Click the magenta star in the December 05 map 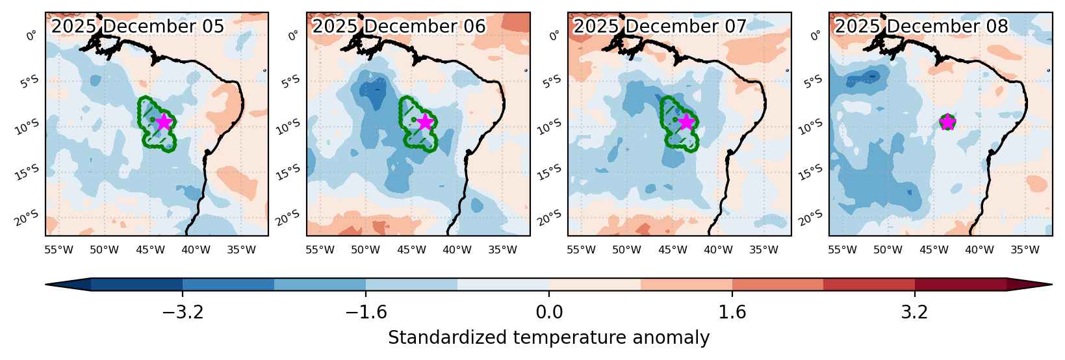click(163, 122)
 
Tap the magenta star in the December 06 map click(424, 122)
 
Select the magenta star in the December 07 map click(686, 122)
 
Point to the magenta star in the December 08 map click(947, 122)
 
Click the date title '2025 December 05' click(137, 26)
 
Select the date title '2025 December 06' click(399, 26)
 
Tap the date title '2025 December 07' click(660, 26)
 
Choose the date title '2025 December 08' click(921, 26)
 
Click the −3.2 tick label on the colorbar click(183, 313)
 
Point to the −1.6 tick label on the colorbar click(366, 313)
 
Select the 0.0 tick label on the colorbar click(549, 313)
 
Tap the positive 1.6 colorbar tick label click(732, 313)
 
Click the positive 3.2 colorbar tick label click(915, 313)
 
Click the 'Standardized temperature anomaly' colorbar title click(548, 338)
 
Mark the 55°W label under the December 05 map click(58, 250)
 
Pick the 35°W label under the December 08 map click(1025, 250)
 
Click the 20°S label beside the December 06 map click(289, 218)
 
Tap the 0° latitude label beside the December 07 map click(554, 36)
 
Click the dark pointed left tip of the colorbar click(46, 285)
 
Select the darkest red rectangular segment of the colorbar click(960, 285)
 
